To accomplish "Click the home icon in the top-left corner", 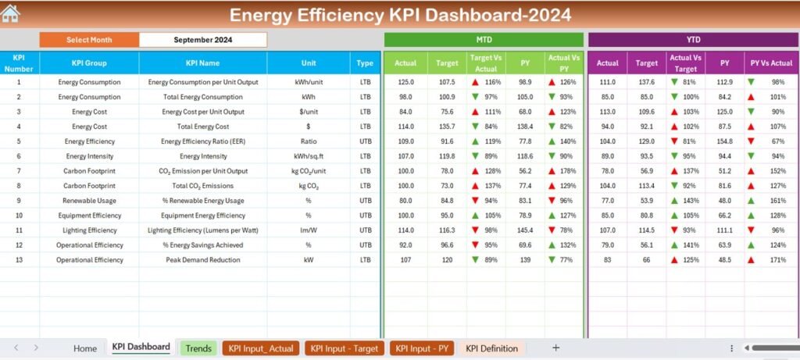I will tap(11, 13).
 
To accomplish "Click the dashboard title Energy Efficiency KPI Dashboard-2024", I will tap(400, 15).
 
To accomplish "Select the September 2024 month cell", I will tap(202, 40).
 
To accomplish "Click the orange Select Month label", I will tap(89, 40).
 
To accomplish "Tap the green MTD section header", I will tap(484, 40).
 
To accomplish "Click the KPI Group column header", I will tap(89, 63).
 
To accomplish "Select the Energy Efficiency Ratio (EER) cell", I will tap(202, 141).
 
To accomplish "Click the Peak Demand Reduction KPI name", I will tap(202, 260).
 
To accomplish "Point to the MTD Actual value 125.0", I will tap(405, 82).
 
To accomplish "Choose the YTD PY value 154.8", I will tap(724, 141).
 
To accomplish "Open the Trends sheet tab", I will tap(198, 348).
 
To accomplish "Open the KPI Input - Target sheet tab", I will tap(344, 348).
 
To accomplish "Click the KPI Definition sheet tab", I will tap(491, 348).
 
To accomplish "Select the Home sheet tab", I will tap(85, 348).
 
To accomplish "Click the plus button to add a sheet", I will tap(555, 348).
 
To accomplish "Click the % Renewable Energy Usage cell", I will tap(202, 201).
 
